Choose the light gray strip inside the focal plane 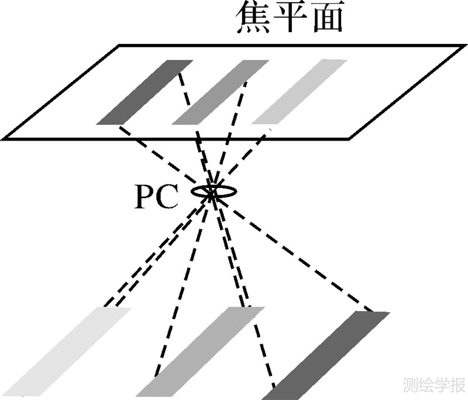[x=298, y=92]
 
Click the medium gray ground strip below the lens [x=199, y=351]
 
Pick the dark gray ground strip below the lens [x=331, y=354]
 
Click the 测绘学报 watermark [x=433, y=384]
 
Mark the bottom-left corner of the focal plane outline [x=5, y=139]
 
